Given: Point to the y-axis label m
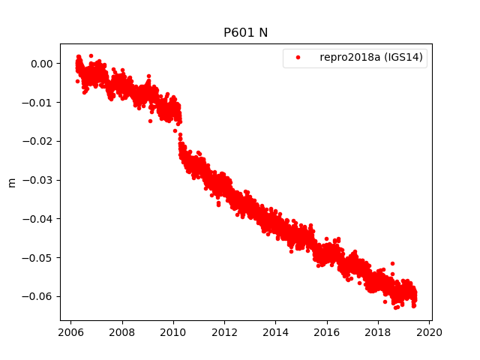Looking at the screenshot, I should pyautogui.click(x=11, y=181).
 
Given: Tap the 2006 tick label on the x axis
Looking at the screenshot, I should pyautogui.click(x=70, y=333).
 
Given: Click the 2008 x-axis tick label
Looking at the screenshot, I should pyautogui.click(x=121, y=333).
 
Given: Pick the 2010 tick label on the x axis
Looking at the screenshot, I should pyautogui.click(x=173, y=333).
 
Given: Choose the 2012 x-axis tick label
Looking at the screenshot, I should pyautogui.click(x=224, y=333).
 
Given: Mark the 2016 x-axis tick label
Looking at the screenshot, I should pyautogui.click(x=327, y=333).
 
